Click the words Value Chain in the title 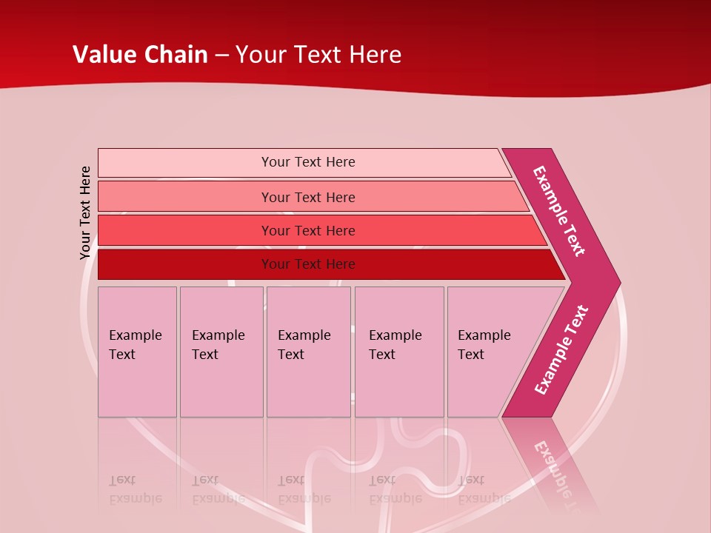tap(140, 55)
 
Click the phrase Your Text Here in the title tap(318, 55)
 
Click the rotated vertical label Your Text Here tap(85, 212)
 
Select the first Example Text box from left tap(137, 352)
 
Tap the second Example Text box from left tap(221, 352)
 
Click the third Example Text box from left tap(308, 352)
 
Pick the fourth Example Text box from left tap(398, 352)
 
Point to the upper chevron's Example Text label tap(559, 211)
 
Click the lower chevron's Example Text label tap(561, 349)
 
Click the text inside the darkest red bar tap(308, 264)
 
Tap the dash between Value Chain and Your tap(221, 56)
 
